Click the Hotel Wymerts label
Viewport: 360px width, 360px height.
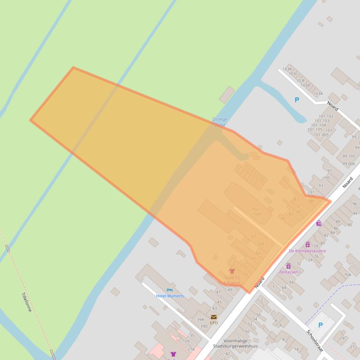[x=169, y=296]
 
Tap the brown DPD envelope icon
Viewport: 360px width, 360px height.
[x=213, y=317]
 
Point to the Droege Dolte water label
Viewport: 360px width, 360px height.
[x=220, y=122]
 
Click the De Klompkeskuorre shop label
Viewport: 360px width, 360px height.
[x=308, y=251]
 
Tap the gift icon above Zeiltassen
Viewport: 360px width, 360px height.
[x=288, y=266]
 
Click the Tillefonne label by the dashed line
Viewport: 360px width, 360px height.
[x=26, y=302]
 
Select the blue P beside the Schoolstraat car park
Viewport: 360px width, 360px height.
[x=321, y=325]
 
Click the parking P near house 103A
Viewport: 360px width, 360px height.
[x=296, y=100]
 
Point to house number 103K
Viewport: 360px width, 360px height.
[x=287, y=69]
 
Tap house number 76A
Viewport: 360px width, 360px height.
[x=347, y=275]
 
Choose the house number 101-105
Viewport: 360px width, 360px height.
[x=315, y=130]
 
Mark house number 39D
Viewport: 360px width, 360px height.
[x=204, y=326]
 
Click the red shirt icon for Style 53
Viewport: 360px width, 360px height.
[x=232, y=271]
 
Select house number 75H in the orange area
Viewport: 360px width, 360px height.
[x=257, y=214]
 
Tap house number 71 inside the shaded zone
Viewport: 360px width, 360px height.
[x=228, y=214]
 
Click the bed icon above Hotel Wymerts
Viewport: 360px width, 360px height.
[x=169, y=290]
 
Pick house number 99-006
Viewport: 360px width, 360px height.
[x=348, y=164]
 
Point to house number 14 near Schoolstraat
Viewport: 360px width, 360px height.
[x=296, y=349]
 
